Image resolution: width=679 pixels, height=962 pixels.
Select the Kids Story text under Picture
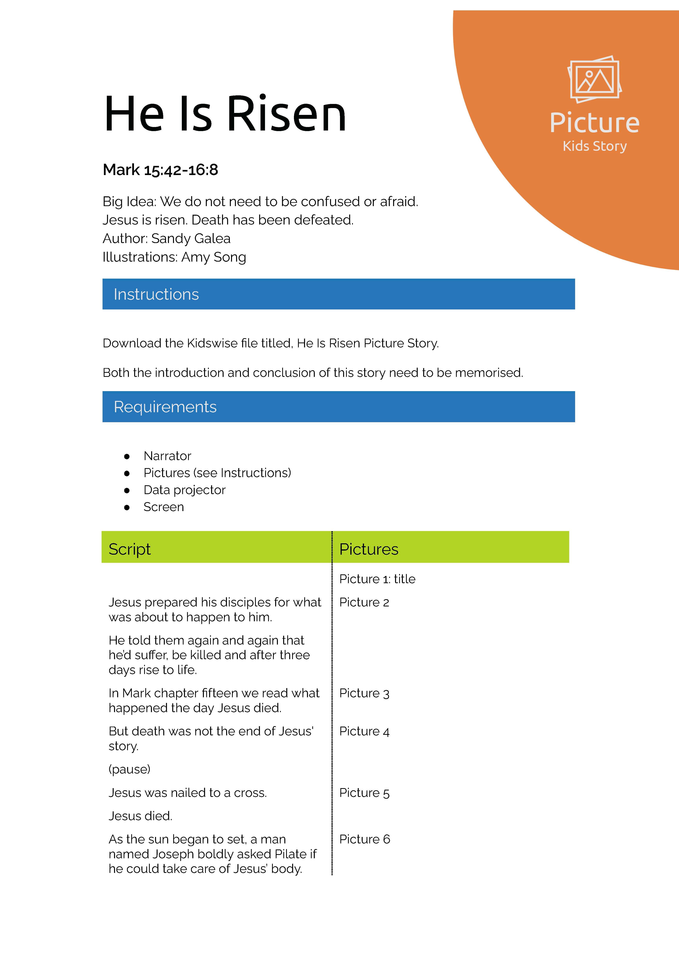tap(594, 146)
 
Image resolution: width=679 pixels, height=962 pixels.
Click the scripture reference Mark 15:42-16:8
tap(161, 170)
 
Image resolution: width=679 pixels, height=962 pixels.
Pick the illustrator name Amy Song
tap(214, 257)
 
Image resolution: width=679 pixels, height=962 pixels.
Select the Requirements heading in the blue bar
tap(165, 407)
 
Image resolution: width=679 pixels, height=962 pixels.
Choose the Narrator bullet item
tap(167, 456)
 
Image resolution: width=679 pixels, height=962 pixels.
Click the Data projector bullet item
tap(184, 490)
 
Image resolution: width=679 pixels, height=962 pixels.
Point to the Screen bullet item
tap(163, 507)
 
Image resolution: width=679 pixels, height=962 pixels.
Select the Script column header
tap(129, 549)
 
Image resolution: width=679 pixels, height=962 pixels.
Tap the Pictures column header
tap(369, 549)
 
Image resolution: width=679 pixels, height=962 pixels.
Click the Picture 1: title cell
tap(377, 579)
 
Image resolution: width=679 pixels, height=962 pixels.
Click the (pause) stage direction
tap(129, 769)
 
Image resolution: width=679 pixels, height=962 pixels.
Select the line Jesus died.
tap(140, 816)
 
